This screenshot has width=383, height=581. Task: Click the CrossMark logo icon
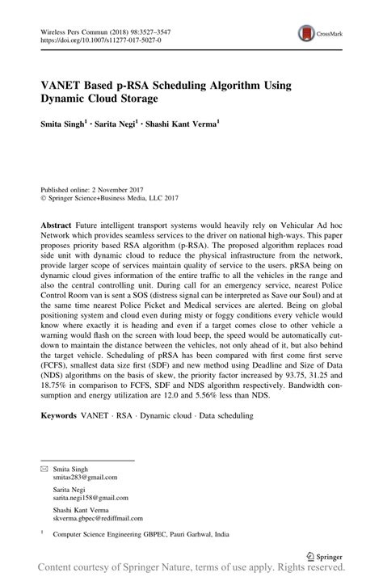pos(306,33)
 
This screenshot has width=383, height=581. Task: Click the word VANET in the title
pos(62,85)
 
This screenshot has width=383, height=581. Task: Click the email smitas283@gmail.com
pos(85,478)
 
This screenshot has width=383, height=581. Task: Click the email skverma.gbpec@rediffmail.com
pos(97,520)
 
